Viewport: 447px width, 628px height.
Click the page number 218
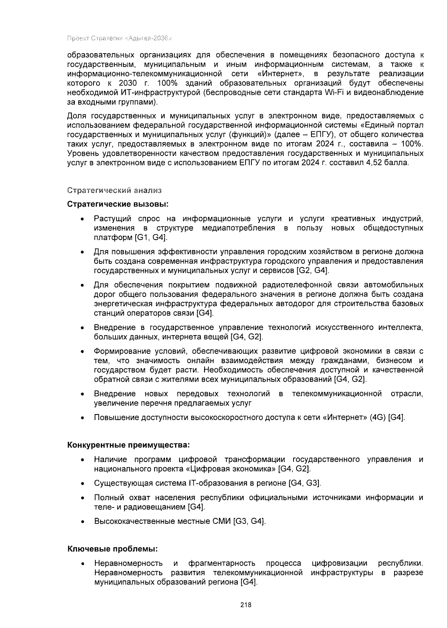246,605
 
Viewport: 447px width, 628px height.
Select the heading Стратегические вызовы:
118,204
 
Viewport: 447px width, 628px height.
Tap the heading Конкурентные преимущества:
129,445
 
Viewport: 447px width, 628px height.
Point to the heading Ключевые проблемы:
112,549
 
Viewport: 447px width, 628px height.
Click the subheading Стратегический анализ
114,190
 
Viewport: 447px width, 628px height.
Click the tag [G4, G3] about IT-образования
305,483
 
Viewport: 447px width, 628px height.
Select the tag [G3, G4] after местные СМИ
249,521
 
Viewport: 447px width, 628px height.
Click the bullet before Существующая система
82,484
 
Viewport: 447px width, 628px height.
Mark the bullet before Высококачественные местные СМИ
82,522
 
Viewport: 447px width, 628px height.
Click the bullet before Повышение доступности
82,418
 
